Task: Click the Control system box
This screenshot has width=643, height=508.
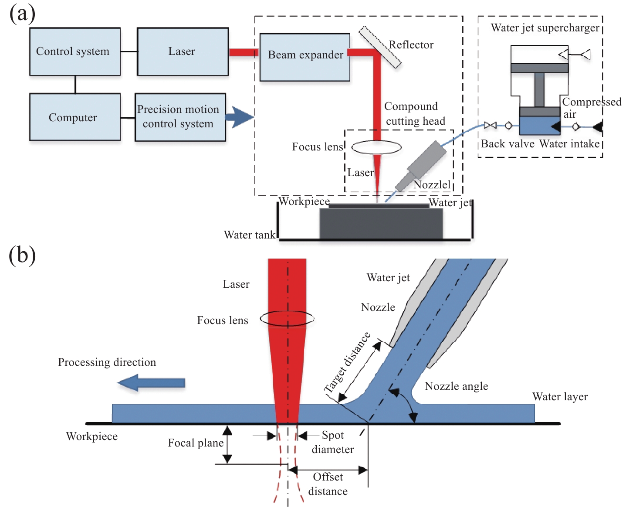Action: (75, 51)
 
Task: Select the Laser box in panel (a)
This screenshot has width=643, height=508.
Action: (183, 51)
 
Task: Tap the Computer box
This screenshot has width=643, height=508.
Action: (75, 117)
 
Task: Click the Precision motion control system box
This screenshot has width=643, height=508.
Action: (180, 117)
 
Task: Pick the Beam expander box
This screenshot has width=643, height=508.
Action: (305, 57)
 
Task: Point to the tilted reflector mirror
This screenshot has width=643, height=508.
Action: (380, 47)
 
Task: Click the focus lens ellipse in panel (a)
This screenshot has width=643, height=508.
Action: (376, 147)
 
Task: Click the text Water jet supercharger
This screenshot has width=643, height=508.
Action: (545, 28)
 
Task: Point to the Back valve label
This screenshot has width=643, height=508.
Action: (507, 144)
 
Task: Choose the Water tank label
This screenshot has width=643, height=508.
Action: (250, 235)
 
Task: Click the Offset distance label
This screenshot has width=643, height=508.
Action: (328, 484)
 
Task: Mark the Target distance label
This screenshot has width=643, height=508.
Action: (347, 362)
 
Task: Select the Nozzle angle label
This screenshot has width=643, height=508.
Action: (456, 386)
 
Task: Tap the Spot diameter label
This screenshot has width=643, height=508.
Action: (333, 442)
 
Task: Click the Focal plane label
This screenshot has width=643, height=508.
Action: (196, 443)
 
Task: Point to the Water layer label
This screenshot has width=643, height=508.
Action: (560, 397)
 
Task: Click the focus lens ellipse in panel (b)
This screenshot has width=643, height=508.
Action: (287, 318)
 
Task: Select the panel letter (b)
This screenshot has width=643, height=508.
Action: (22, 255)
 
